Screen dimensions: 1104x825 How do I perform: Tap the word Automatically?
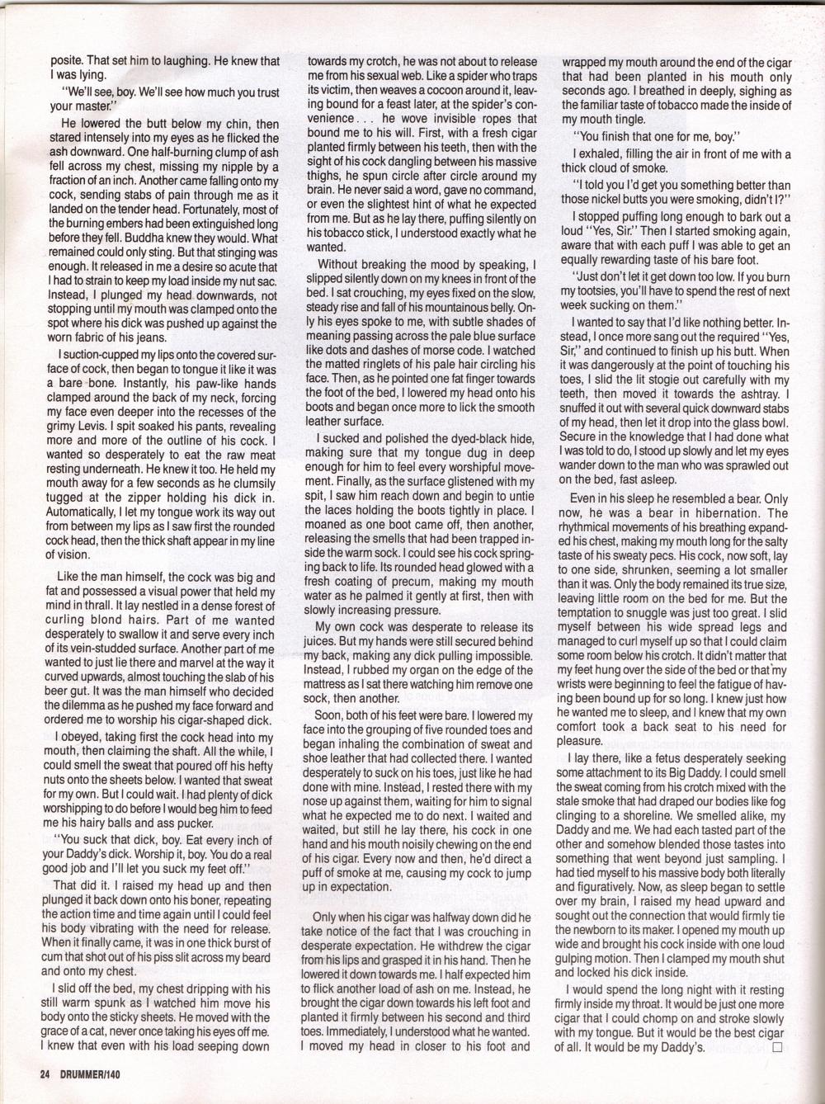coord(84,513)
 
